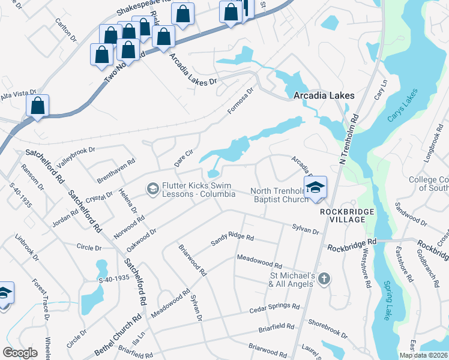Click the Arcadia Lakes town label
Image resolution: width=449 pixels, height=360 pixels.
[324, 95]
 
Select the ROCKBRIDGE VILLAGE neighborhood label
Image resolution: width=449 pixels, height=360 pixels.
[342, 216]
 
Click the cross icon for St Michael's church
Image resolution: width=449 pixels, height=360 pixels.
[324, 278]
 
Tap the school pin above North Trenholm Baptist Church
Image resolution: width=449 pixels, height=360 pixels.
[315, 188]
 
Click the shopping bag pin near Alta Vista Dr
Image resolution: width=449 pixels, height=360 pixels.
[38, 106]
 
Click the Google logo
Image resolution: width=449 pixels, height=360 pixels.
[20, 352]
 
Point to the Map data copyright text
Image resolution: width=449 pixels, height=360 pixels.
[423, 355]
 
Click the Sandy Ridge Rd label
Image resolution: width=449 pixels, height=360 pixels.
[232, 239]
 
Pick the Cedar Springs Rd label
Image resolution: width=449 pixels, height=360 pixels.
[274, 308]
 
